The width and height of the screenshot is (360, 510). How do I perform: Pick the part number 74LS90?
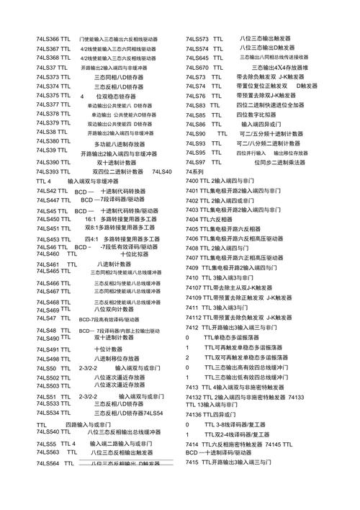(195, 134)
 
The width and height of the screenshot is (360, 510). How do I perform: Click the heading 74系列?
(194, 172)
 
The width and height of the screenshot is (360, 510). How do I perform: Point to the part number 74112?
(194, 317)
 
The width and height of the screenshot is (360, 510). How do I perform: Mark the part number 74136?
(194, 415)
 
